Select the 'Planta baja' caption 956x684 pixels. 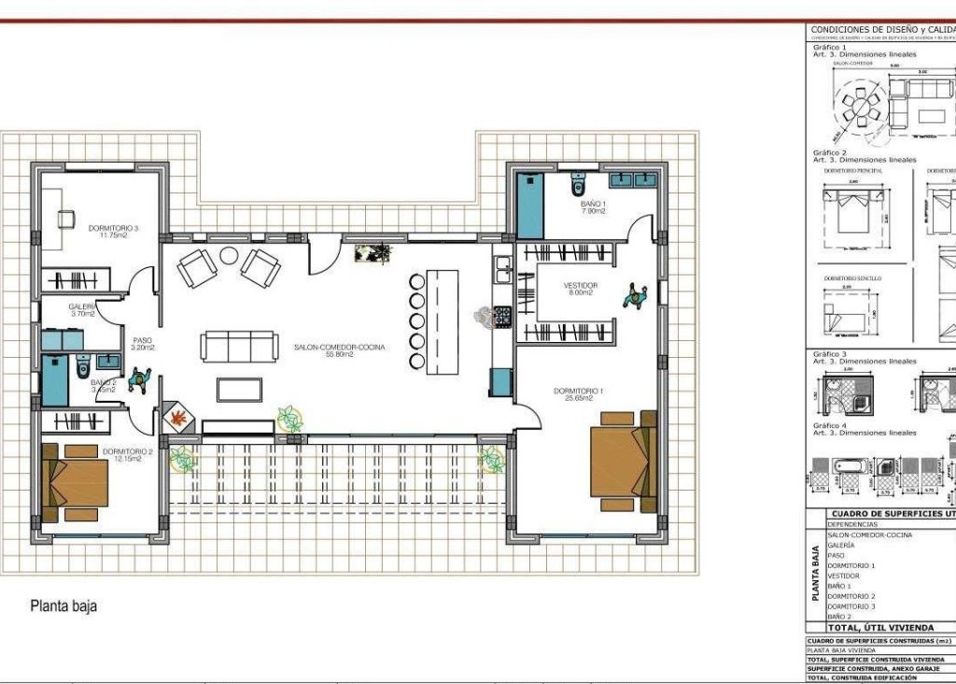coord(63,606)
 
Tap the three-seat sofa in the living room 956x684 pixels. coord(239,347)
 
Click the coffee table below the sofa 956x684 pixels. coord(239,389)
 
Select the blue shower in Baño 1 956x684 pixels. coord(529,205)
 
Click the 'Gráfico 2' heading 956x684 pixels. coord(830,152)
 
